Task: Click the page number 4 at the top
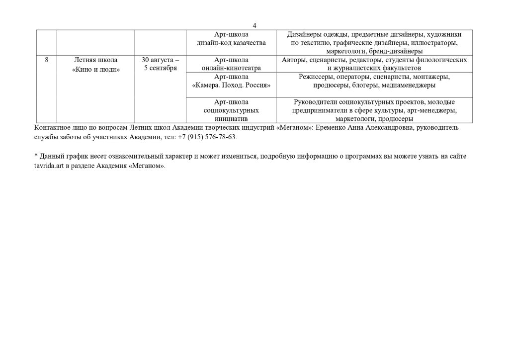pos(254,25)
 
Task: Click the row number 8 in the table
pos(47,60)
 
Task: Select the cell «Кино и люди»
pos(96,69)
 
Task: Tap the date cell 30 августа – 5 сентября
pos(160,64)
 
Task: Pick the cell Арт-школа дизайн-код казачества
pos(231,38)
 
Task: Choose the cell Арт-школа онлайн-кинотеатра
pos(231,64)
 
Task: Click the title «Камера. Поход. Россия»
pos(231,86)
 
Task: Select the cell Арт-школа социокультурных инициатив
pos(231,110)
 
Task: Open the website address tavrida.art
pos(47,165)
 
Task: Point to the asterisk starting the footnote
pos(36,156)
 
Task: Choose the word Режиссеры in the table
pos(315,77)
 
